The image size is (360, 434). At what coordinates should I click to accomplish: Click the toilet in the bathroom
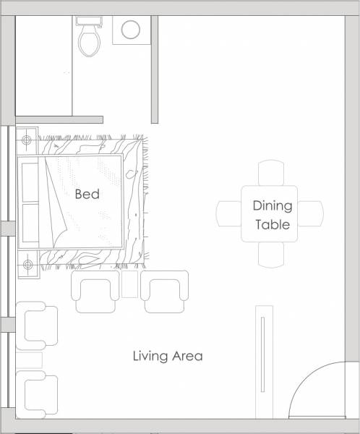tap(90, 38)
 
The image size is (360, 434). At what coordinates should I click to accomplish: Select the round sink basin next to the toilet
tap(131, 30)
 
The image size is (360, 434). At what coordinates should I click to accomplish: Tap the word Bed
tap(87, 195)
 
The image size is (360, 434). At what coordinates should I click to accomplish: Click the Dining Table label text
tap(272, 215)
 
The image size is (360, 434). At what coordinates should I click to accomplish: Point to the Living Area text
tap(167, 356)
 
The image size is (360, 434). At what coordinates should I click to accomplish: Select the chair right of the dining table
tap(312, 213)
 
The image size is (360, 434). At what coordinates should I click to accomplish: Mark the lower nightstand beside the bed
tap(27, 263)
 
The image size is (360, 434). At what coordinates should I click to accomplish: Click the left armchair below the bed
tap(95, 291)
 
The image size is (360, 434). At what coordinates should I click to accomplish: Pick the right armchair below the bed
tap(165, 291)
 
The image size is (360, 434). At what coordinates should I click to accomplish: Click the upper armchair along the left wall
tap(39, 325)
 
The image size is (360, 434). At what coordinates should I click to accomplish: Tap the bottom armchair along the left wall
tap(39, 393)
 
